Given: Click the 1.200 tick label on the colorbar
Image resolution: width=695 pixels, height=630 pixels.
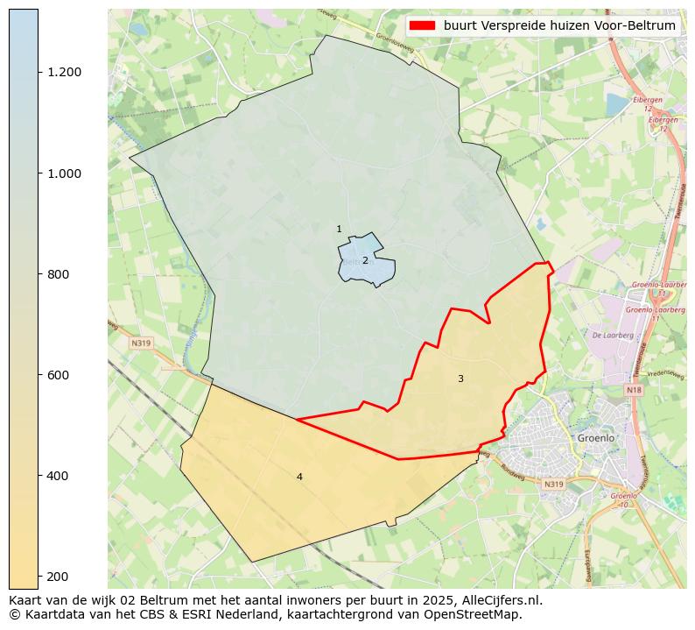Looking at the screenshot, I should (64, 72).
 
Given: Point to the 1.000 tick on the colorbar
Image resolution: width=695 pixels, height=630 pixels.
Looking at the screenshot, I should (64, 173).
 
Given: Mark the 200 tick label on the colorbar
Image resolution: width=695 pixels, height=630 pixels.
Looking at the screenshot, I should (58, 577).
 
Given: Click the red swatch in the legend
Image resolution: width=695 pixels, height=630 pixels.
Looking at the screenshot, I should (423, 26).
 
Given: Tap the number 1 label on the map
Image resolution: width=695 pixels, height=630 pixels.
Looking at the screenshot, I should (339, 230).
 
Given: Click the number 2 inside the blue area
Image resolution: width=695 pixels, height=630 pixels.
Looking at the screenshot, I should (365, 261).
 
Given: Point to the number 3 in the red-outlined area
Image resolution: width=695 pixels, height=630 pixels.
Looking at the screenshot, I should (460, 379).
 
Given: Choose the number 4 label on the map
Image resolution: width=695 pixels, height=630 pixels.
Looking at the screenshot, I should (299, 477).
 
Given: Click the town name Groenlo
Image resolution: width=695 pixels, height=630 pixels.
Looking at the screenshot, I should (596, 437).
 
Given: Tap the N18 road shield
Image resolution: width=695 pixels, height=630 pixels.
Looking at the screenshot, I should (634, 389).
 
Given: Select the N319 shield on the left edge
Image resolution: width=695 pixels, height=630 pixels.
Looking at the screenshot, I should (141, 343).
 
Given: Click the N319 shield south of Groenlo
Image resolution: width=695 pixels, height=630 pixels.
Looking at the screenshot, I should (553, 484).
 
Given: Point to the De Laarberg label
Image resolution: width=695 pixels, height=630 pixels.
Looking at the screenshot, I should (607, 335).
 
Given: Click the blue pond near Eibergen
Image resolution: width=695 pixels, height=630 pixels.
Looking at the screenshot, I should (616, 105).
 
